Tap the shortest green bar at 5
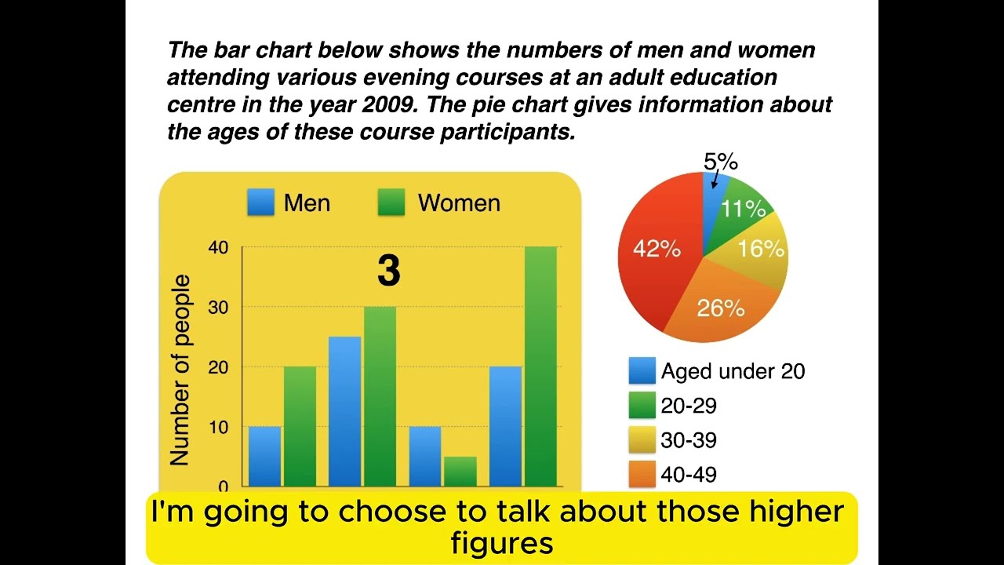460,471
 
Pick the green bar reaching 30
380,395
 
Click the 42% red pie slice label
657,249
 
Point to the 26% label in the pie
720,308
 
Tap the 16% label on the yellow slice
761,249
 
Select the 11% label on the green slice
744,209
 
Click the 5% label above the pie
720,162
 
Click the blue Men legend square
260,202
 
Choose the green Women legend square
391,202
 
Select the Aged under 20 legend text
733,371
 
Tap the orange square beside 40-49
642,474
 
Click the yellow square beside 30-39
642,440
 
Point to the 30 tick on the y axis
218,308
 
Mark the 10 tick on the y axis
218,428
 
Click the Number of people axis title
180,370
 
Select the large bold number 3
388,271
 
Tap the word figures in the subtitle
502,542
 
